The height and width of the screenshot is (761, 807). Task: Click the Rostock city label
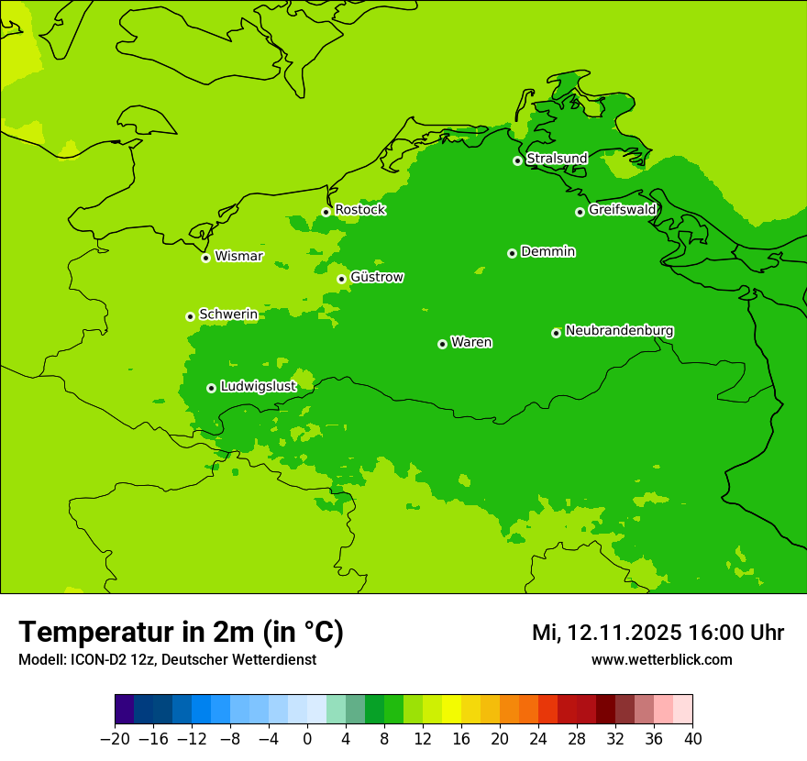pos(359,210)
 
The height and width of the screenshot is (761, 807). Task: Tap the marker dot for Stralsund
pos(517,160)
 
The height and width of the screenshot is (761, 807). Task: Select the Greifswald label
pos(622,210)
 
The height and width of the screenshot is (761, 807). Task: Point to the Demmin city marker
pos(512,253)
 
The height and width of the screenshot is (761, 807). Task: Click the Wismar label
pos(238,257)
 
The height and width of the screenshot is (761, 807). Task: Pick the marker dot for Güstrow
pos(341,279)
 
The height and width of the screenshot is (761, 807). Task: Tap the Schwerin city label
pos(228,314)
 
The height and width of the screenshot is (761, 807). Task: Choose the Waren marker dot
pos(442,344)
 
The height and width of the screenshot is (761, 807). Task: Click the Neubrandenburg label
pos(619,331)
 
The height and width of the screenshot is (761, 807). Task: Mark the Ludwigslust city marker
pos(211,388)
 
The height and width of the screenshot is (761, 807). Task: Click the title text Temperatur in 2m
pos(181,632)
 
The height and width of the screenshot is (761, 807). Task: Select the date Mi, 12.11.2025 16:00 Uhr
pos(658,633)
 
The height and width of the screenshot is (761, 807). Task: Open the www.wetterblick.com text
pos(661,660)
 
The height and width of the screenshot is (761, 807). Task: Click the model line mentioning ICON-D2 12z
pos(167,660)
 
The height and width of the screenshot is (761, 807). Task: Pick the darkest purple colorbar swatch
pos(125,710)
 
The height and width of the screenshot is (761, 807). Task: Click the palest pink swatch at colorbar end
pos(682,710)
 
